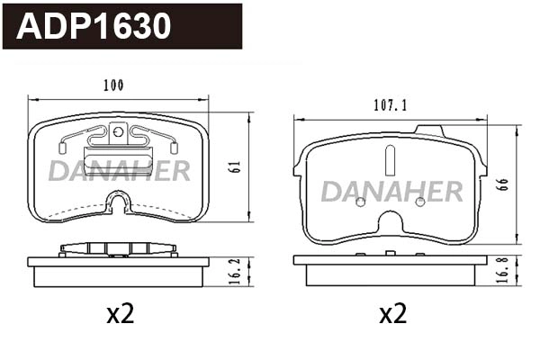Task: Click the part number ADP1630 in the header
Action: (x=94, y=26)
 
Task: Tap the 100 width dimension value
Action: (x=113, y=85)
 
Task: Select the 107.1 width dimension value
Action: (x=391, y=105)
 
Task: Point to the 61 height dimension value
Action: (x=236, y=166)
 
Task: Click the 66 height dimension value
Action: (x=503, y=184)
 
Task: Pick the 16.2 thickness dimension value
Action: (x=235, y=272)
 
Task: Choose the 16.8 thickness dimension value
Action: (x=503, y=270)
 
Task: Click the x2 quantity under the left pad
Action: (x=121, y=314)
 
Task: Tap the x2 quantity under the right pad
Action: (x=393, y=314)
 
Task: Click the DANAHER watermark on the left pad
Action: (x=120, y=170)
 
